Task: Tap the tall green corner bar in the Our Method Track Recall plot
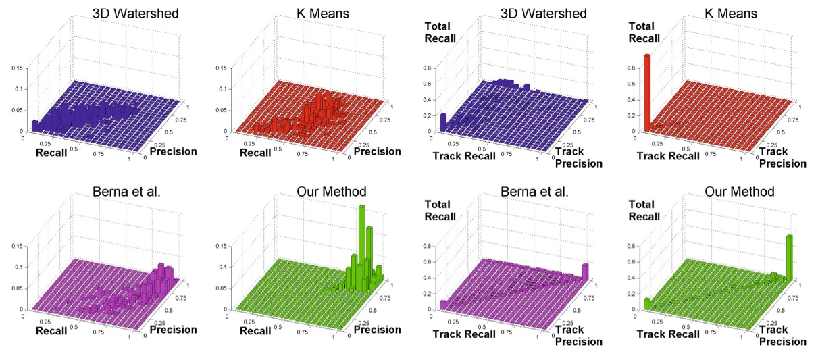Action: point(789,257)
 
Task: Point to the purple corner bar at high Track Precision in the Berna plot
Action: point(585,271)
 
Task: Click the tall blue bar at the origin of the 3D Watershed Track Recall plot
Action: point(442,122)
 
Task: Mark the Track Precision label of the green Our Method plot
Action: point(782,336)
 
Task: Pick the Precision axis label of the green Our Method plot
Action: point(378,330)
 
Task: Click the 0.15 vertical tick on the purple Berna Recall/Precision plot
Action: point(17,247)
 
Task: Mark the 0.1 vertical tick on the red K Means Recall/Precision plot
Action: point(221,89)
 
